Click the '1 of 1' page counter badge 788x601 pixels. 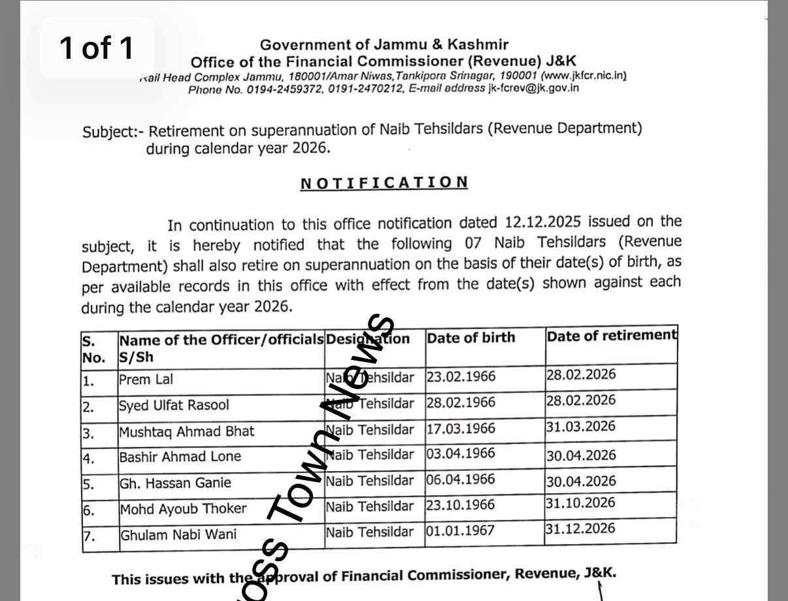97,48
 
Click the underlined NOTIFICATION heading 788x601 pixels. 384,183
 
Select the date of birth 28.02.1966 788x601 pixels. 461,402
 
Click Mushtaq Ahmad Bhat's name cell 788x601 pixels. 186,432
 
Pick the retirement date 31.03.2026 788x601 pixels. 581,427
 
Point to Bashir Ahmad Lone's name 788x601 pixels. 180,457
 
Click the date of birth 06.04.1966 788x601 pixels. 461,479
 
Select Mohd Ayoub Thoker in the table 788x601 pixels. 183,509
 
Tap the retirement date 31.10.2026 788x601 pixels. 581,502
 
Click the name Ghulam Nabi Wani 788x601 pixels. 178,535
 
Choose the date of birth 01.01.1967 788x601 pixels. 461,530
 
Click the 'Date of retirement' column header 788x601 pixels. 611,336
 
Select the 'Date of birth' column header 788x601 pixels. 470,338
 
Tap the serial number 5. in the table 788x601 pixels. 88,485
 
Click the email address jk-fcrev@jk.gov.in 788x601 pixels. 533,88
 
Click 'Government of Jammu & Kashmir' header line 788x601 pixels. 384,45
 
